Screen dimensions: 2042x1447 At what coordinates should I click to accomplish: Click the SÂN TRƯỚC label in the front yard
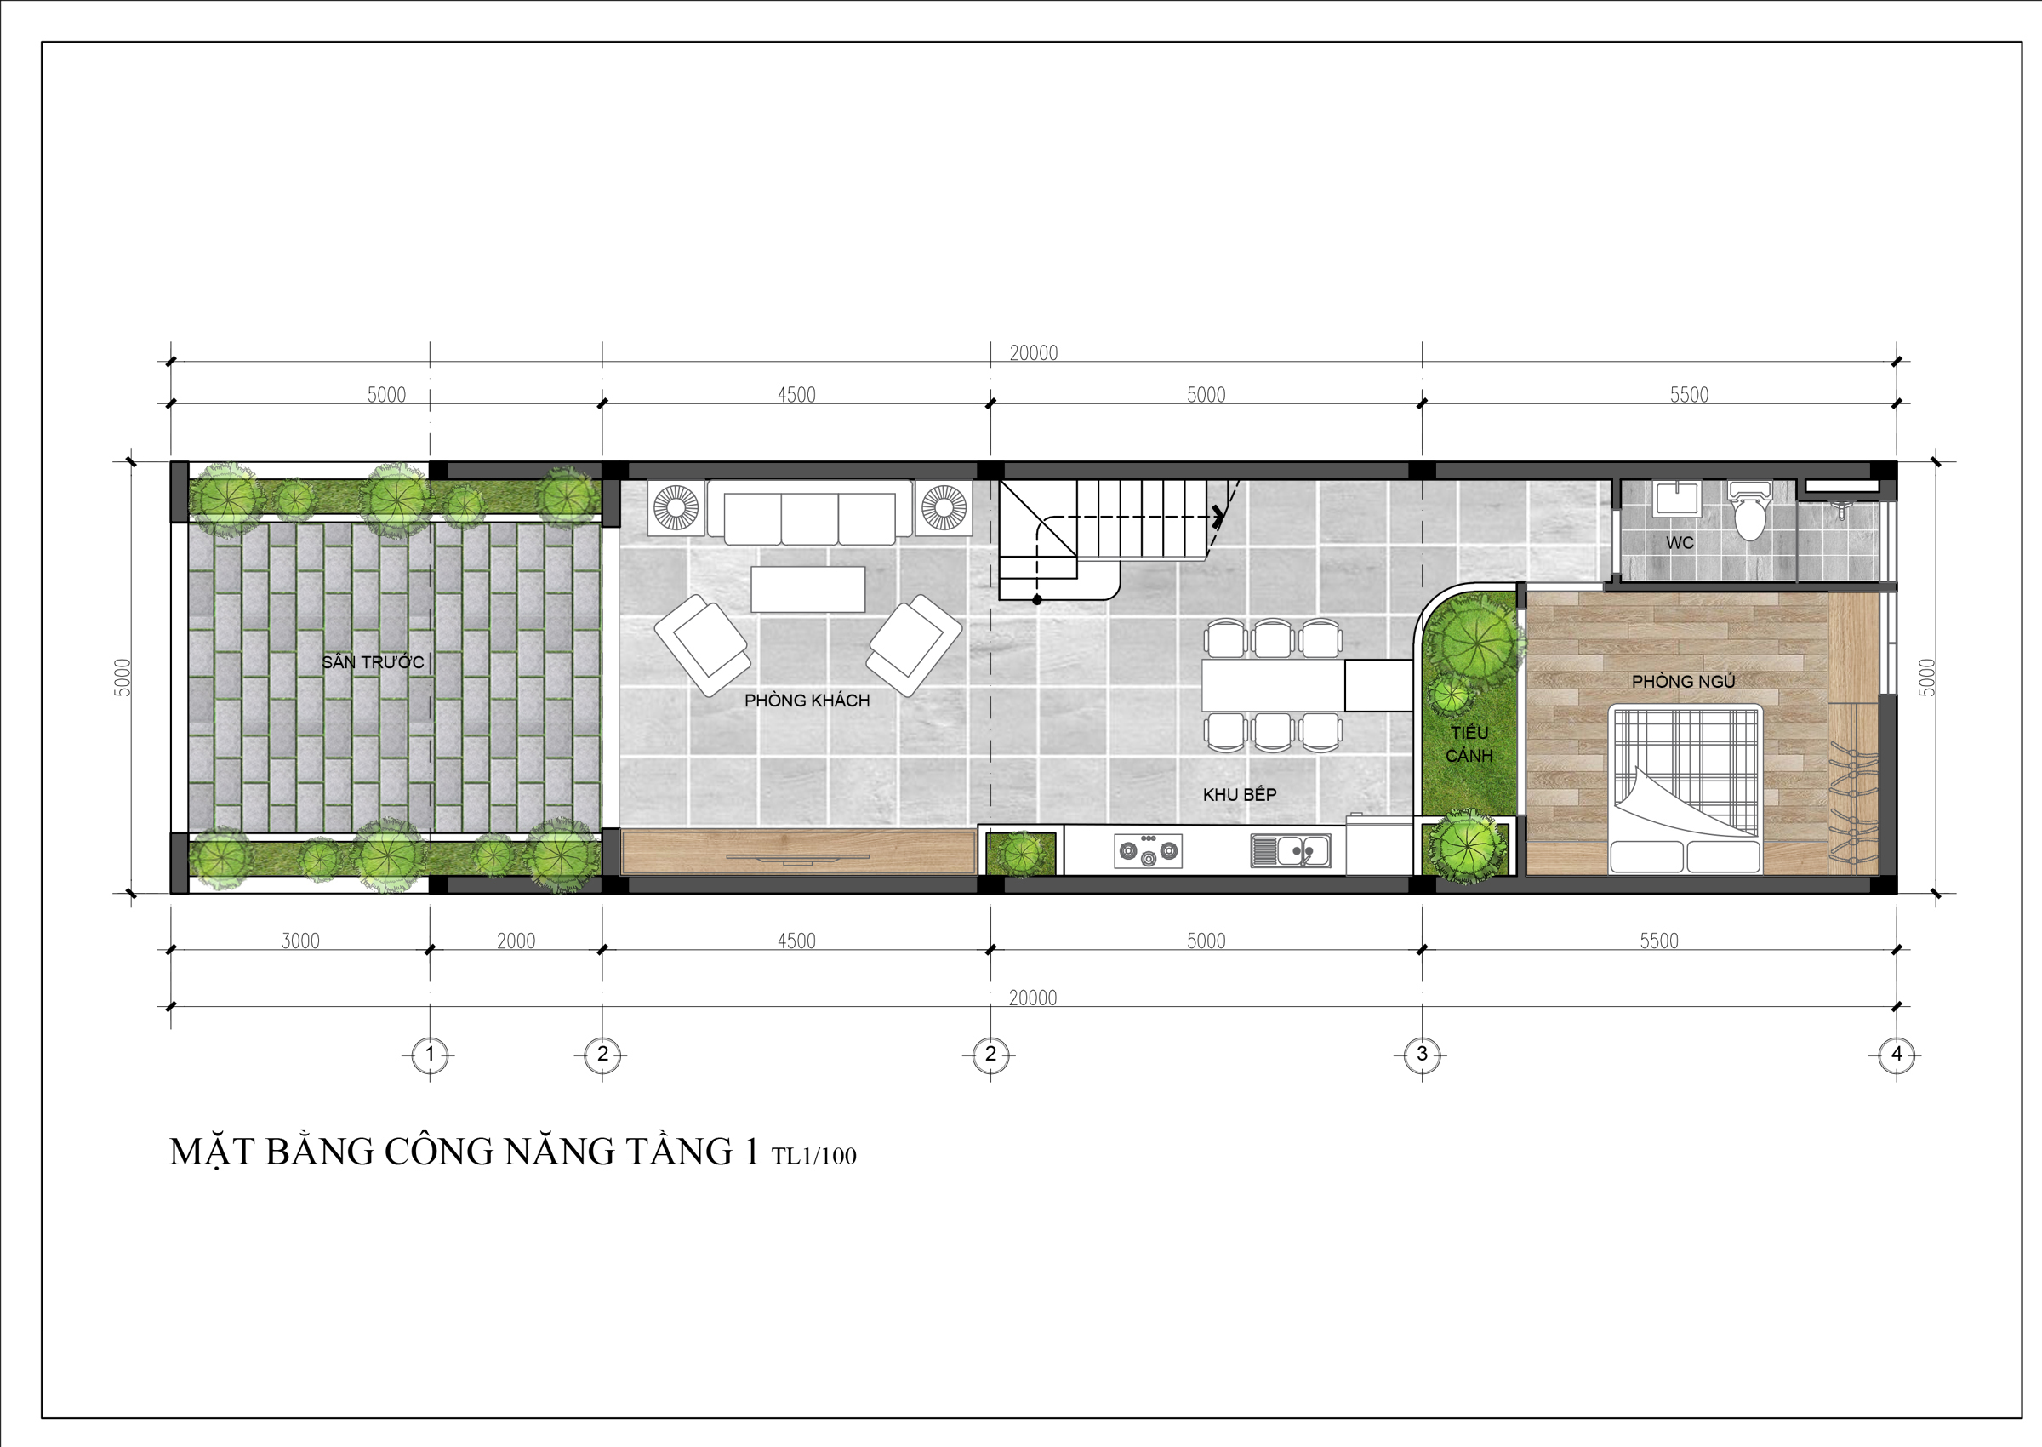point(373,662)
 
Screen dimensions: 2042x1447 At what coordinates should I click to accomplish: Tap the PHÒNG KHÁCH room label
point(807,701)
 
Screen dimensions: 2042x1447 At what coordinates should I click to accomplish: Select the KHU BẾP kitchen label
point(1240,794)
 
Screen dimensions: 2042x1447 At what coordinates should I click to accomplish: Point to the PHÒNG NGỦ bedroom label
point(1683,682)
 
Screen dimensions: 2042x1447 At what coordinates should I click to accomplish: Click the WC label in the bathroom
point(1680,543)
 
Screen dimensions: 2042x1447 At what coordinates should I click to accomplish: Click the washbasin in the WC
point(1679,499)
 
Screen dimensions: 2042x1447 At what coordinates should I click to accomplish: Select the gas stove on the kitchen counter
point(1148,851)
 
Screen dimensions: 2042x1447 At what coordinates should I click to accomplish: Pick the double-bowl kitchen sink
point(1291,851)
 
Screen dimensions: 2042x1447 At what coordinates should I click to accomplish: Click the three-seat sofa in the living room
point(809,512)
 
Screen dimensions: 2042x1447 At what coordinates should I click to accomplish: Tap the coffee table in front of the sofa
point(807,589)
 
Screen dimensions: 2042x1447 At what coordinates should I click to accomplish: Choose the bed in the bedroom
point(1685,788)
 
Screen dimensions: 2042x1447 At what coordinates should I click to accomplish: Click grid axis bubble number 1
point(431,1055)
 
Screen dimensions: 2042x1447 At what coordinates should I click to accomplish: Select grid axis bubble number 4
point(1896,1055)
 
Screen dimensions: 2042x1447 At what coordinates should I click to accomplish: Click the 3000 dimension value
point(300,941)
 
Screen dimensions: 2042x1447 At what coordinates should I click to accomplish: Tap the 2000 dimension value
point(516,941)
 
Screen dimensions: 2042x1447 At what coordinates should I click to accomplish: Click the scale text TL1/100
point(814,1157)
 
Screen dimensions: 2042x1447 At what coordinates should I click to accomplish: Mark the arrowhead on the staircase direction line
point(1217,516)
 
